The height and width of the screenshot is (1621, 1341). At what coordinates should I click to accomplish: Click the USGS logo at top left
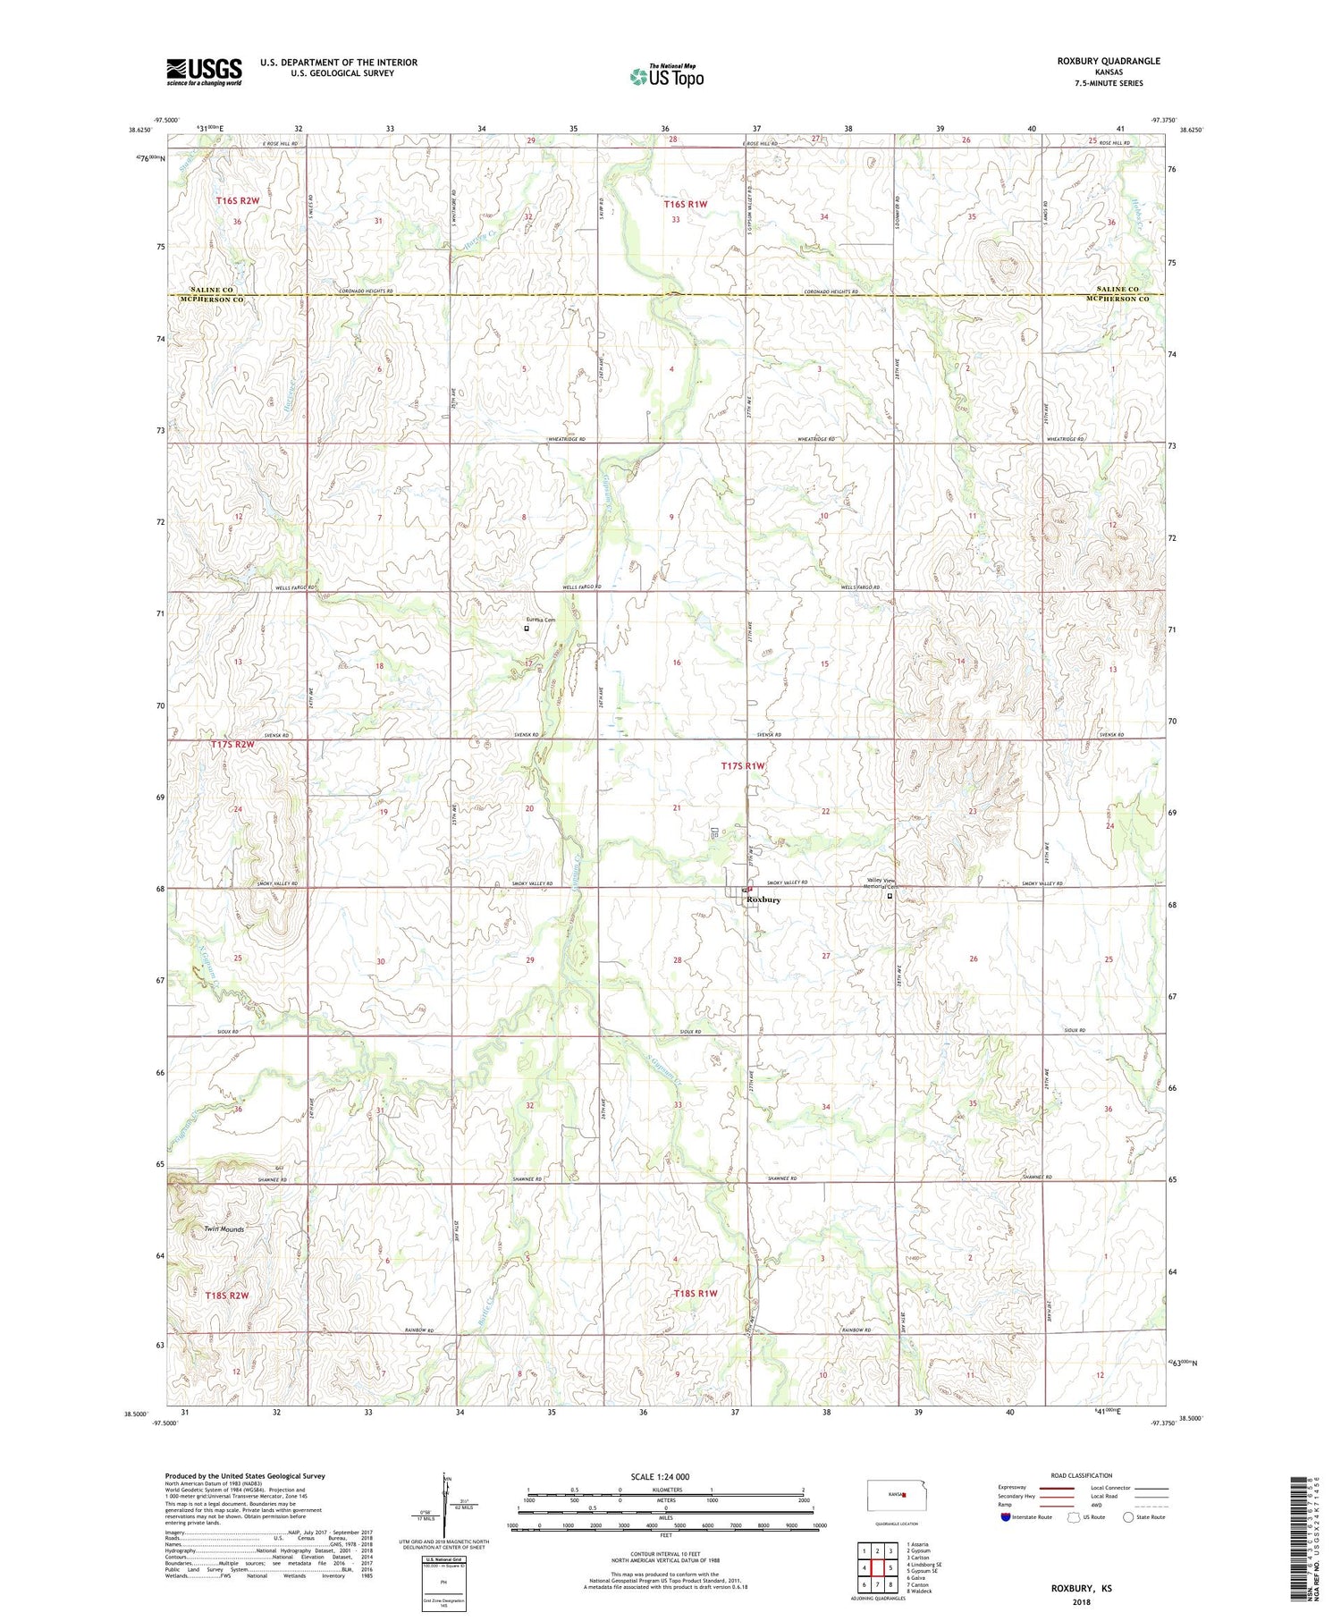tap(204, 72)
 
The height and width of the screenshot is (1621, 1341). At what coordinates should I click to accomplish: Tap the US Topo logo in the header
tap(667, 77)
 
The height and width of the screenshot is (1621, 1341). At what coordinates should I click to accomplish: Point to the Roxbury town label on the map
tap(763, 899)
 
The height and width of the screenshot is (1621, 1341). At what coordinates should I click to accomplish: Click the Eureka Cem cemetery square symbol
tap(527, 629)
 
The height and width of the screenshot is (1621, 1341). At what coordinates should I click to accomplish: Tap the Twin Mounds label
tap(223, 1228)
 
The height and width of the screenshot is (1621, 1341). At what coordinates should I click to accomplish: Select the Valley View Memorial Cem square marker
tap(890, 895)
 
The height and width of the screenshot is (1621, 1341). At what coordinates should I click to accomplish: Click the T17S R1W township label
tap(743, 766)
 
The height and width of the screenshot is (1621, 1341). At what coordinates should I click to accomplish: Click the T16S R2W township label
tap(237, 201)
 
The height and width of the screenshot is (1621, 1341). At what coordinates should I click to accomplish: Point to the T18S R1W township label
tap(696, 1293)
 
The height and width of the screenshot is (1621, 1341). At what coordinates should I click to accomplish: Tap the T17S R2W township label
tap(232, 744)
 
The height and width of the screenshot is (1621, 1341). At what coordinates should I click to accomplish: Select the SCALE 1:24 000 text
tap(660, 1476)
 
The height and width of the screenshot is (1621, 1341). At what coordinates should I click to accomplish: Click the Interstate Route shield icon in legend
tap(1005, 1517)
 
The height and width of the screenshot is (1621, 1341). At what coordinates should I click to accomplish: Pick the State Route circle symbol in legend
tap(1128, 1517)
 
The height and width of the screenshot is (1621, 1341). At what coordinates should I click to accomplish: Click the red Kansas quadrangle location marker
tap(905, 1494)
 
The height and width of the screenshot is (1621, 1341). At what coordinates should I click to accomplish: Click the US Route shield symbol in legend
tap(1073, 1517)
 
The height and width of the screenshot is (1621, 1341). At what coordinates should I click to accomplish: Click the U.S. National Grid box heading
tap(443, 1559)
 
